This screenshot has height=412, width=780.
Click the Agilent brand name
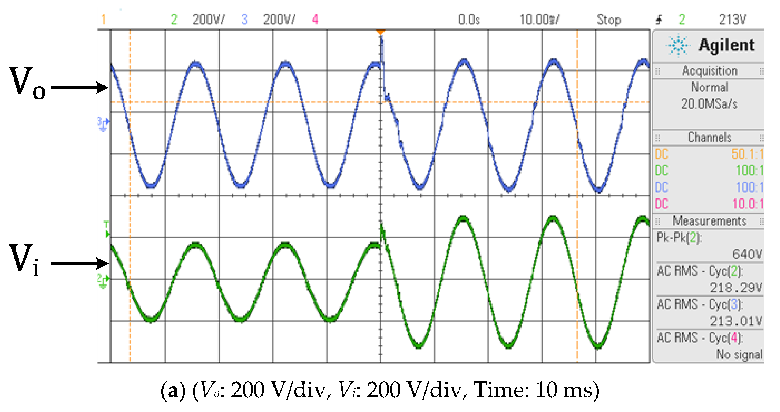coord(726,45)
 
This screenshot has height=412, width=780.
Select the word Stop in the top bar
coord(609,20)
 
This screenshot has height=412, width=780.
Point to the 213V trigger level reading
coord(733,20)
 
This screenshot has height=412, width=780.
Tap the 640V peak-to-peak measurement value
coord(747,254)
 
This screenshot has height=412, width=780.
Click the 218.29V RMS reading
coord(735,287)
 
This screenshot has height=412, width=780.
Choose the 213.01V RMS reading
coord(735,321)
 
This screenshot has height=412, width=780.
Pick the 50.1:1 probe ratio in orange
coord(747,154)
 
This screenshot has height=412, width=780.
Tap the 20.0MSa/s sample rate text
coord(709,104)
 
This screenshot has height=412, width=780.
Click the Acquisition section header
coord(709,71)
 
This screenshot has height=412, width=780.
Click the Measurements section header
coord(709,221)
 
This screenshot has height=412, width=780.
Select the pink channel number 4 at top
coord(315,19)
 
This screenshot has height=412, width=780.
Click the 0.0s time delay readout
coord(469,20)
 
